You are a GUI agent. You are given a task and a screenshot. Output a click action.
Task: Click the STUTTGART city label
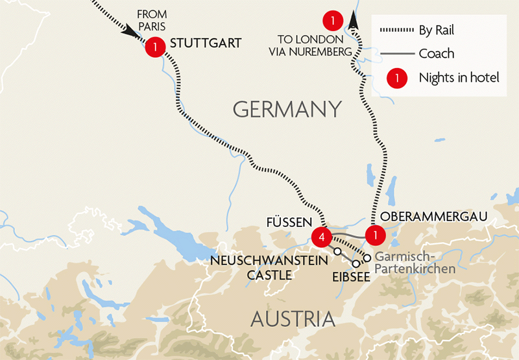(205, 43)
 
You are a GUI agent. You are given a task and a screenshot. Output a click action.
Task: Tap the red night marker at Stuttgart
(156, 47)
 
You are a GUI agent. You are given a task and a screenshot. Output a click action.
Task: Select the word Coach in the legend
(437, 54)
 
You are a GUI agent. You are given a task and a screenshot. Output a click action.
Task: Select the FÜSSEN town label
(290, 222)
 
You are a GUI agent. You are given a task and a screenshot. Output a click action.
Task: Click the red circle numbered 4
(322, 237)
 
